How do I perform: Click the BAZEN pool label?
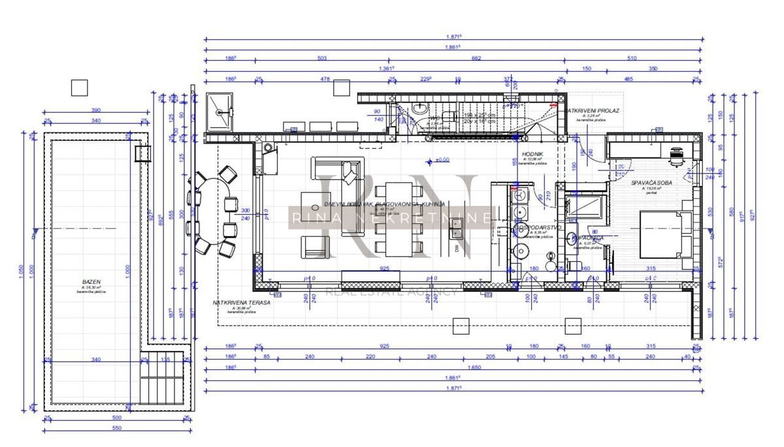pyautogui.click(x=90, y=282)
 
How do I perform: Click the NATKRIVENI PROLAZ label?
pyautogui.click(x=593, y=111)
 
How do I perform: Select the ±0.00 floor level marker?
pyautogui.click(x=442, y=160)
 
